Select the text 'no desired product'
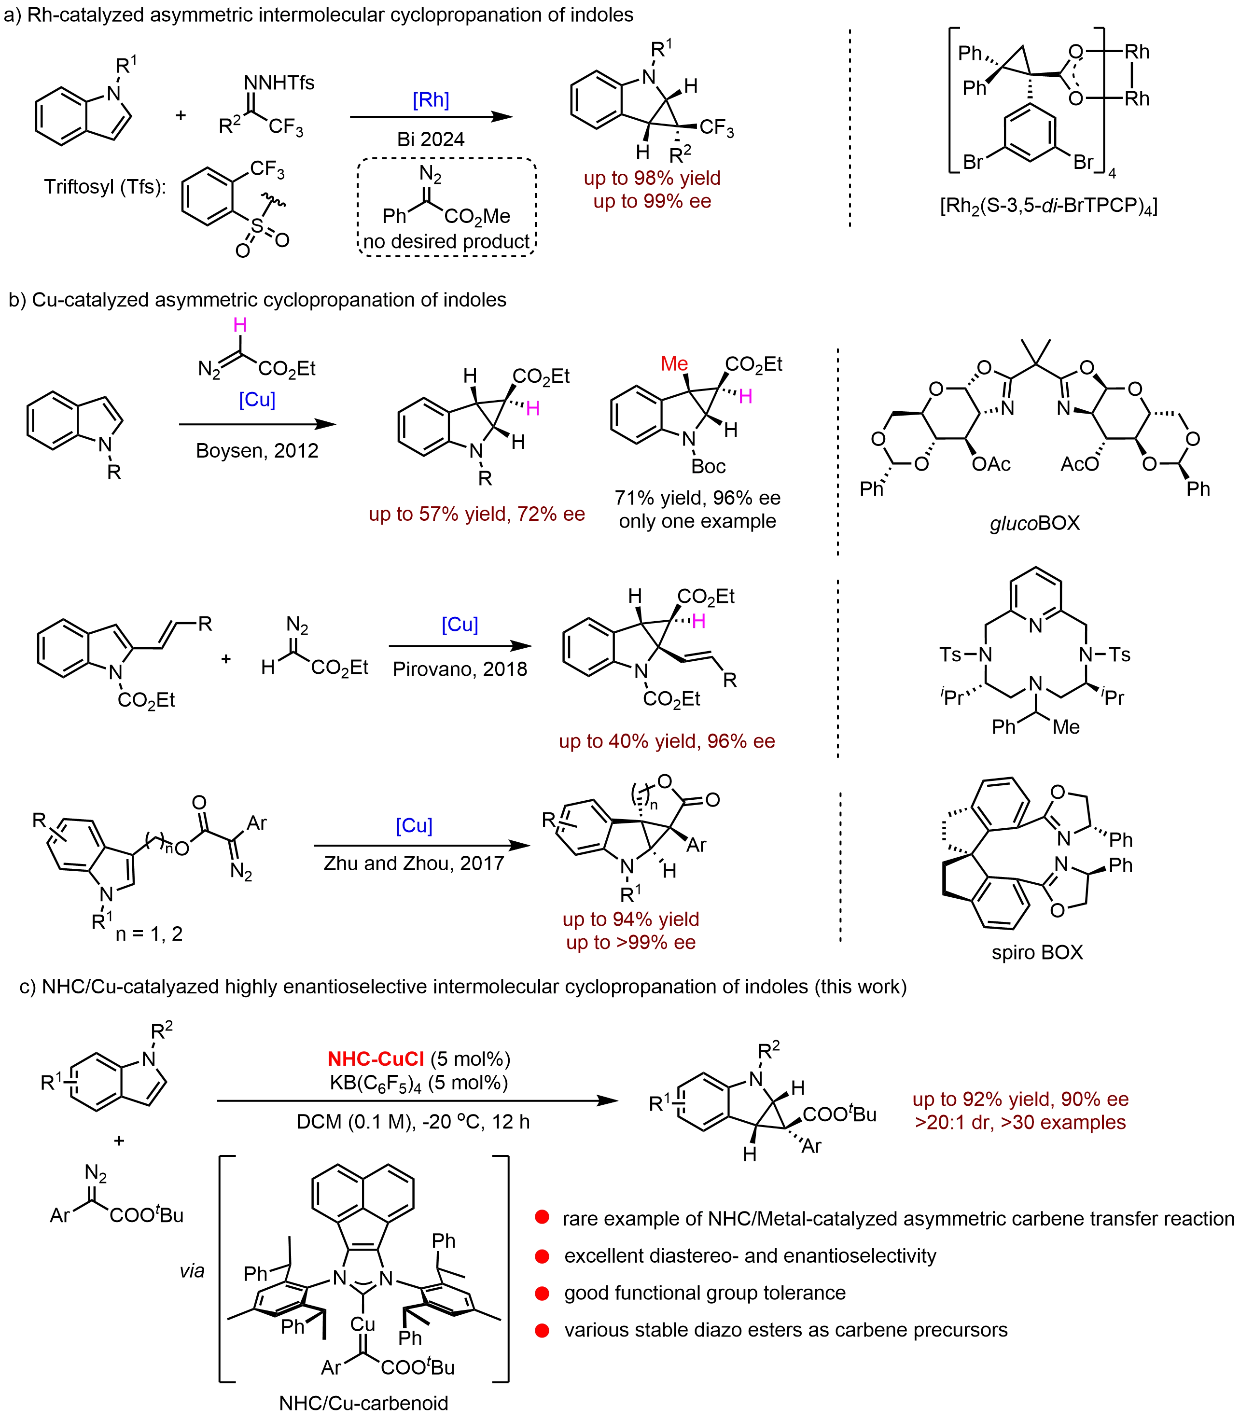[x=448, y=241]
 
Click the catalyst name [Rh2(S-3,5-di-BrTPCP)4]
[x=1047, y=206]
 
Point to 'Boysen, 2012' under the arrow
[x=258, y=451]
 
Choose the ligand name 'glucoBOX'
[x=1034, y=524]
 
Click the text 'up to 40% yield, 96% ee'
[x=668, y=742]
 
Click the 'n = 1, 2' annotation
[x=150, y=934]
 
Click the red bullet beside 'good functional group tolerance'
[x=543, y=1293]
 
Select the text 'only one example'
[x=696, y=521]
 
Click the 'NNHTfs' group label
[x=279, y=83]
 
